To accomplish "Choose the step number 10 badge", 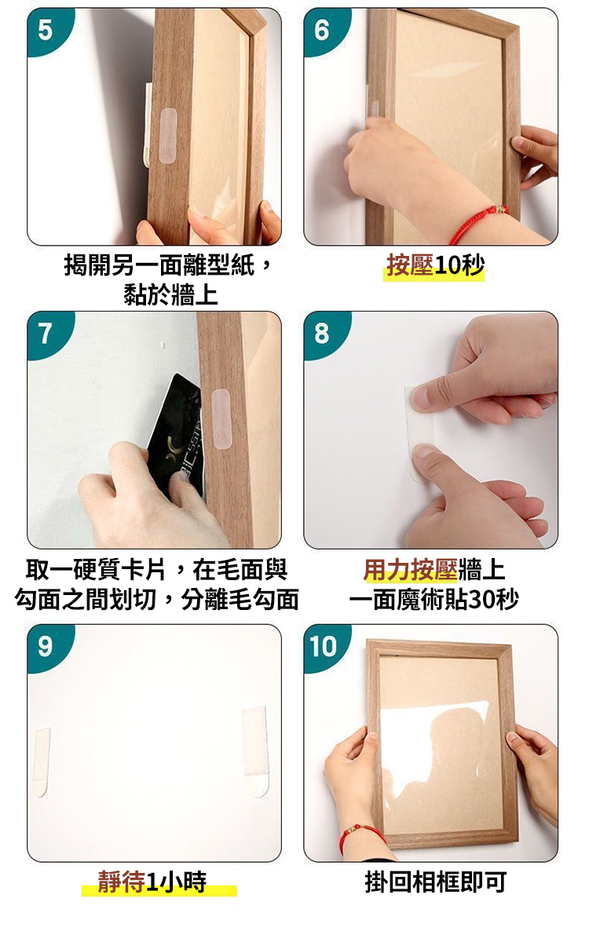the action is pos(324,646).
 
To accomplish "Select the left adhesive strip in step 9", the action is pos(42,761).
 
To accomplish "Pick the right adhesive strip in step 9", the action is pos(255,751).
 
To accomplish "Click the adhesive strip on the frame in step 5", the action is pos(169,136).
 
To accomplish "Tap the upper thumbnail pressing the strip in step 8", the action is pos(421,396).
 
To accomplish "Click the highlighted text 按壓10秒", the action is pos(435,265).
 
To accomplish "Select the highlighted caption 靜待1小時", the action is pos(152,882).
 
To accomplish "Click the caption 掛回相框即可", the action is pos(435,882).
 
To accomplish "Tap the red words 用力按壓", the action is pos(410,570).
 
